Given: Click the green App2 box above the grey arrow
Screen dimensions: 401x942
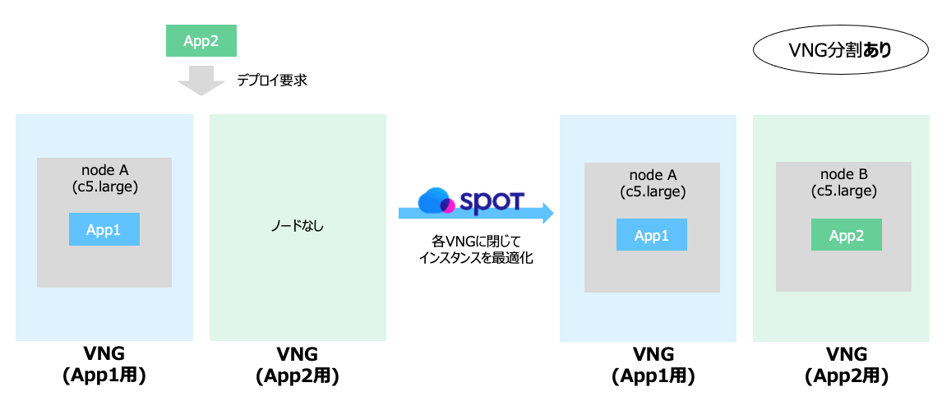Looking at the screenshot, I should coord(201,41).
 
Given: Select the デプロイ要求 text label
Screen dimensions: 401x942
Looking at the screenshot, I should coord(272,81).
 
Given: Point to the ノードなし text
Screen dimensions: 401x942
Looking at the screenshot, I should coord(298,226).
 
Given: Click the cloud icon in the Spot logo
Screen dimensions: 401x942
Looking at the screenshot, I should coord(436,200).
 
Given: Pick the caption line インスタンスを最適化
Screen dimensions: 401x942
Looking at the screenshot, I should coord(476,257).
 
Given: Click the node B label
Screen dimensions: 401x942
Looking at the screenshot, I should coord(844,174).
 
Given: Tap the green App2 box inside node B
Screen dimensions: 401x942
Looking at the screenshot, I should coord(846,235).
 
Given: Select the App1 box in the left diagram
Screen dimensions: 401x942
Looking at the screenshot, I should coord(104,229).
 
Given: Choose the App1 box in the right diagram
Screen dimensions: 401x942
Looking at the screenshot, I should coord(652,235).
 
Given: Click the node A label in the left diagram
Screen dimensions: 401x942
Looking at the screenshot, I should coord(104,169).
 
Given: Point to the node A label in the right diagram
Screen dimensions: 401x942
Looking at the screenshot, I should coord(653,174).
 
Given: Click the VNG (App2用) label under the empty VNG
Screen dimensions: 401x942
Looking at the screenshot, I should coord(298,365).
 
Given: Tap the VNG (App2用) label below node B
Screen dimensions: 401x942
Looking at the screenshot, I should coord(847,365).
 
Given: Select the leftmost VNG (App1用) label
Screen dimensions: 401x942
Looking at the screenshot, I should coord(104,365).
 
